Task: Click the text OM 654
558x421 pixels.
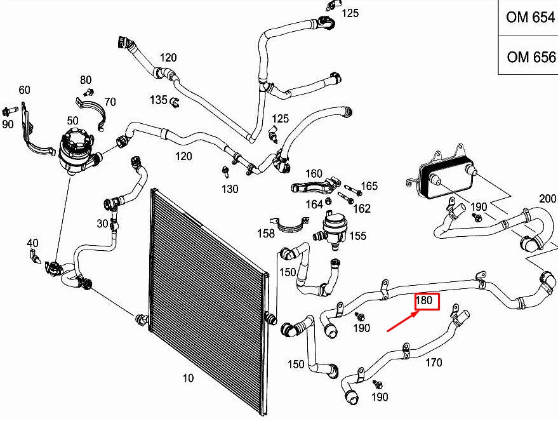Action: pos(530,17)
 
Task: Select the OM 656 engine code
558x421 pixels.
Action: pos(530,57)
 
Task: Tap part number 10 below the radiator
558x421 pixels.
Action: pos(188,379)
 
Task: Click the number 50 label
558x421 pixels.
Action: pos(72,121)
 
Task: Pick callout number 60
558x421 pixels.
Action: pos(24,90)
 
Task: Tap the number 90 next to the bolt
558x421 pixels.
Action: pos(8,124)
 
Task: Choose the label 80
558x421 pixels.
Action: pos(86,80)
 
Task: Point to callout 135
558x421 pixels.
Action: pos(159,100)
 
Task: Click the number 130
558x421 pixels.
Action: pos(230,189)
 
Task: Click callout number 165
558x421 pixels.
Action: pos(369,186)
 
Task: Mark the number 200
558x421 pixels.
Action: pos(547,197)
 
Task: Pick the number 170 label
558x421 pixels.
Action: pos(434,363)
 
